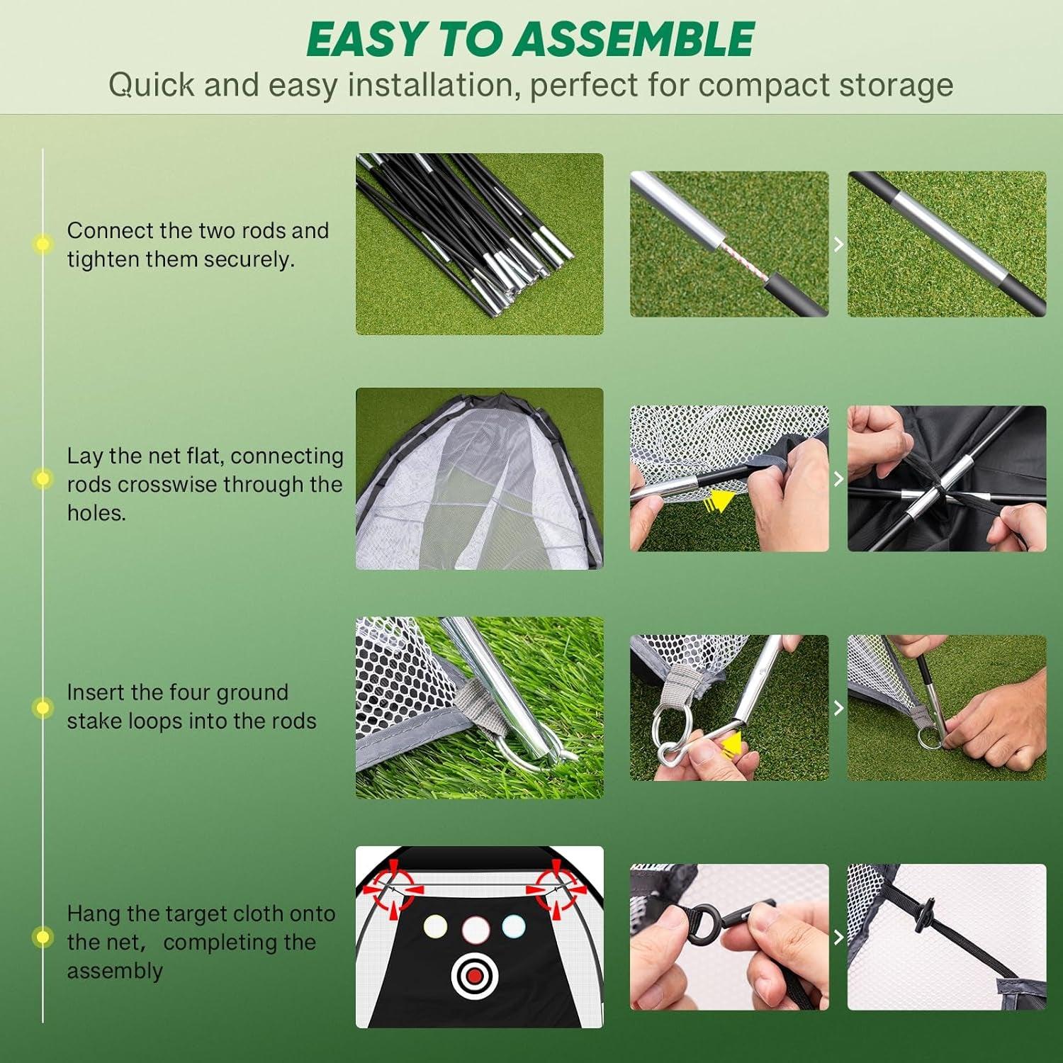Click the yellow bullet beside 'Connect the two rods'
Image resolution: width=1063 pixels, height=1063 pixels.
43,244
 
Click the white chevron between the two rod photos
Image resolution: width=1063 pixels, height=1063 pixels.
838,244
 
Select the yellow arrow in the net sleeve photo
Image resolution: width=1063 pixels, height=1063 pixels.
720,502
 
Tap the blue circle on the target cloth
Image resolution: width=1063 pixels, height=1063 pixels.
513,926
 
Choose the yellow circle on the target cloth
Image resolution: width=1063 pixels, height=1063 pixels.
434,926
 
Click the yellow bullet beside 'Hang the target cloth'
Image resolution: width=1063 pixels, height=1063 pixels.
43,938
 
